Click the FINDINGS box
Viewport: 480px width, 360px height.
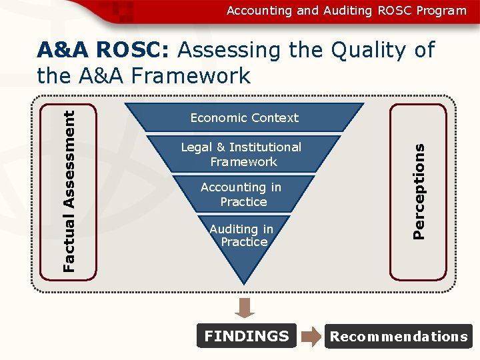pos(247,336)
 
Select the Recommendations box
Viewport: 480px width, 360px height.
pos(399,337)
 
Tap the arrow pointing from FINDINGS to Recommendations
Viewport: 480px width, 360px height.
pos(311,337)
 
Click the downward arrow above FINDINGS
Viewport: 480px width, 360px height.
pos(245,307)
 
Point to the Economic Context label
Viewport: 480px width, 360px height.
pos(244,118)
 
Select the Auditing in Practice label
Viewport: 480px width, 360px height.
pos(242,235)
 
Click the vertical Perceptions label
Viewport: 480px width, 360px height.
pos(419,192)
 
